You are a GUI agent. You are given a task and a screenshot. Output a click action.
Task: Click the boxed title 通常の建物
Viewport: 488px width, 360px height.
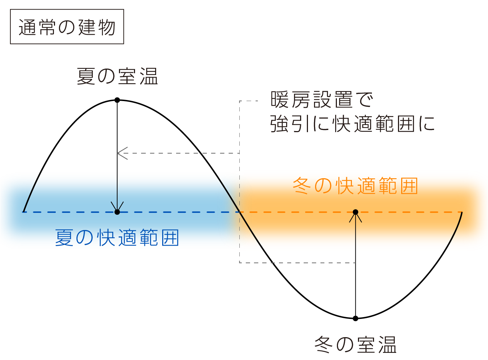[67, 27]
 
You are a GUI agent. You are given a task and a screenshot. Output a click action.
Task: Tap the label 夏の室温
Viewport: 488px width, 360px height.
[117, 76]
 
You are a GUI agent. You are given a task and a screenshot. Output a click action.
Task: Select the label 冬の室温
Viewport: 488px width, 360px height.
[355, 345]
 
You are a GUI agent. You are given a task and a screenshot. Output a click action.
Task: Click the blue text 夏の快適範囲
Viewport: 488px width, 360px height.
[117, 238]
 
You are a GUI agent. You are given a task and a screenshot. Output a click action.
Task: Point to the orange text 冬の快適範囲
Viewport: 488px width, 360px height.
[355, 186]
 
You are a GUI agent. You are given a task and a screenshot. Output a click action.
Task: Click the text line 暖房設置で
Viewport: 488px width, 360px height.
[322, 100]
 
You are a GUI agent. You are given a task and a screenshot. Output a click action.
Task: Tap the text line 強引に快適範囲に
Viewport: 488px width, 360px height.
[352, 124]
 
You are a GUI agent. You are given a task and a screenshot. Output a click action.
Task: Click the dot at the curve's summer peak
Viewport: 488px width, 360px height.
[117, 100]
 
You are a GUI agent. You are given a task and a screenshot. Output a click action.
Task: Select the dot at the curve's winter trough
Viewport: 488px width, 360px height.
[355, 318]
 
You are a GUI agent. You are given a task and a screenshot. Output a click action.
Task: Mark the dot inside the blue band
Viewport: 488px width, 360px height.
[117, 212]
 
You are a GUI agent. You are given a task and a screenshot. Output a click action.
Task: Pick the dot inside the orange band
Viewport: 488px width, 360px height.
[355, 212]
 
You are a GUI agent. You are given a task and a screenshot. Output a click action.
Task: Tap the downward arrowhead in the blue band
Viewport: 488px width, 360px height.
[117, 207]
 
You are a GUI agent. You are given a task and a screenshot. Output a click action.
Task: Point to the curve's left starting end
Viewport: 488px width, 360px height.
[24, 211]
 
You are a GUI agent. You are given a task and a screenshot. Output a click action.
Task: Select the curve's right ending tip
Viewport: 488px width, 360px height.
[462, 213]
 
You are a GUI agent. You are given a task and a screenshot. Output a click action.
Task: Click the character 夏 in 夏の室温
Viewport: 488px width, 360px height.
[86, 76]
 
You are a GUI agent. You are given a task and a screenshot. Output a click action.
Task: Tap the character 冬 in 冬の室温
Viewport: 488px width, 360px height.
[324, 345]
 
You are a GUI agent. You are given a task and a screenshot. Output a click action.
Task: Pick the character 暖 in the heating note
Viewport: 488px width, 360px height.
[279, 100]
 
